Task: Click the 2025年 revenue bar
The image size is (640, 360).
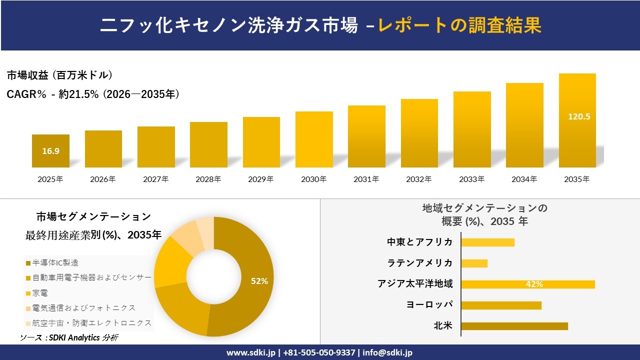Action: pyautogui.click(x=50, y=151)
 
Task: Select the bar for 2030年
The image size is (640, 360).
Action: pyautogui.click(x=314, y=139)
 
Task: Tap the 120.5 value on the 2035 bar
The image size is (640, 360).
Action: pyautogui.click(x=579, y=116)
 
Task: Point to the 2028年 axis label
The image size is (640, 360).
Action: pyautogui.click(x=208, y=179)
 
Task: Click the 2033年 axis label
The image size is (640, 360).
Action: pyautogui.click(x=472, y=179)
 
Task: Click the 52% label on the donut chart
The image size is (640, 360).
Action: pyautogui.click(x=259, y=281)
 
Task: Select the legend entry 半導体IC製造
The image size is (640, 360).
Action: pyautogui.click(x=55, y=262)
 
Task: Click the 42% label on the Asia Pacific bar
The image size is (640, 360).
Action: pyautogui.click(x=534, y=284)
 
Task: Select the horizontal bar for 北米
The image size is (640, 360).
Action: pyautogui.click(x=514, y=326)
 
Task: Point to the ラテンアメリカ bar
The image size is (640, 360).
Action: pyautogui.click(x=474, y=263)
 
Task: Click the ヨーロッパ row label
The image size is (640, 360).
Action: pyautogui.click(x=429, y=305)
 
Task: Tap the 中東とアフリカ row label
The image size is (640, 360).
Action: pyautogui.click(x=420, y=242)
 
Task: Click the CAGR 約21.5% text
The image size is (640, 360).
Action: pyautogui.click(x=93, y=94)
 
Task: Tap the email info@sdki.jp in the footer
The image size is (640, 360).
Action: pyautogui.click(x=387, y=352)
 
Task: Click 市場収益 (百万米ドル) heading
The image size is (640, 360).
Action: pyautogui.click(x=59, y=75)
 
